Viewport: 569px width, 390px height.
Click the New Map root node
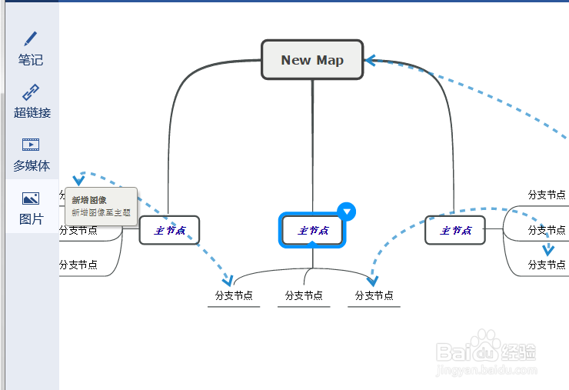312,60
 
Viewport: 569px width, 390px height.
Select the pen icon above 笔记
31,38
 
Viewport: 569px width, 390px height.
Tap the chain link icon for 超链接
31,92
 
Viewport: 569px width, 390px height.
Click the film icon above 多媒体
31,144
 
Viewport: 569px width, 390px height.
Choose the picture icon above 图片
31,198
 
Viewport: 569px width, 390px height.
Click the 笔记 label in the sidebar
31,60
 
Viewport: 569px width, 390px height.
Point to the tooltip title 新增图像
89,200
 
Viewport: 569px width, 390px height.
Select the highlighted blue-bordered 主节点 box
312,230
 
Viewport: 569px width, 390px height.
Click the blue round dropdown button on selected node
347,212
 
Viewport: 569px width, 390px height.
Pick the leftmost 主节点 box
169,230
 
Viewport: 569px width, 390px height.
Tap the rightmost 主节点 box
455,230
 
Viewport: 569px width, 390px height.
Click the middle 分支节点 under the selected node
304,295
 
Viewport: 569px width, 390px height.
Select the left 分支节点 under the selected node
234,295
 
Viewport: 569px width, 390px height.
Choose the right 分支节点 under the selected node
374,295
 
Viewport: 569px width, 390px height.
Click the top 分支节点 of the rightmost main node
547,195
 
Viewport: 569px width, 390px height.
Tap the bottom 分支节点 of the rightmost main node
547,265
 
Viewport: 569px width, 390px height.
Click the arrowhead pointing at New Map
370,60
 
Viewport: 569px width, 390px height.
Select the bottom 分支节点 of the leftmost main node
78,265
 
